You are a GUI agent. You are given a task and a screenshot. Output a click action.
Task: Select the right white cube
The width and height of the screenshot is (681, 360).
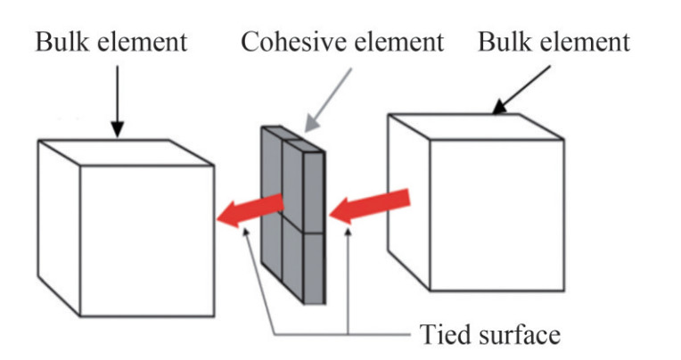[481, 205]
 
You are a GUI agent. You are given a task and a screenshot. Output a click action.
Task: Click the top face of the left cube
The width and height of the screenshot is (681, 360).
[125, 152]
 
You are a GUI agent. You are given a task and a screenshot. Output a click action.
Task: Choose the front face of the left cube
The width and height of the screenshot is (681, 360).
[147, 241]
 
